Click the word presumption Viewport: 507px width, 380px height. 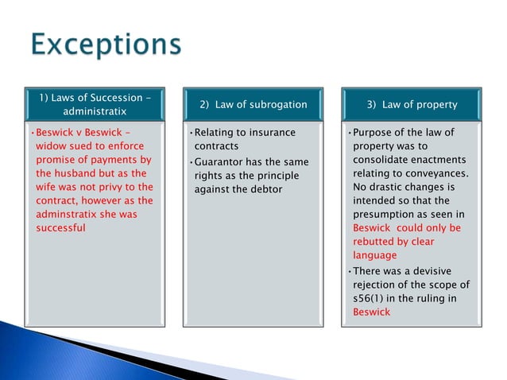(394, 214)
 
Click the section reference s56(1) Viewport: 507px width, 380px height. (371, 298)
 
